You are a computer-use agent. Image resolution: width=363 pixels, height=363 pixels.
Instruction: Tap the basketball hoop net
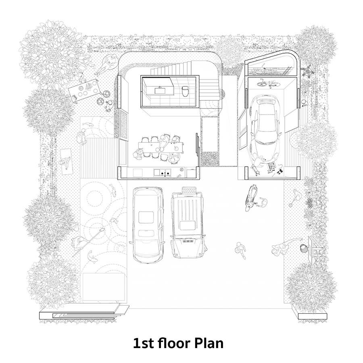pyautogui.click(x=303, y=248)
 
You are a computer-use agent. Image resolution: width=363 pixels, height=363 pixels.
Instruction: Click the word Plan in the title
pyautogui.click(x=209, y=343)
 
